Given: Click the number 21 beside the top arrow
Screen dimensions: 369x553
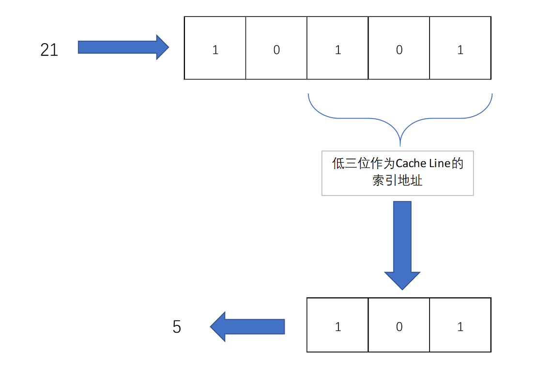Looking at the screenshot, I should pos(49,50).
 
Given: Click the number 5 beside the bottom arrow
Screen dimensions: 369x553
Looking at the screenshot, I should pos(177,327).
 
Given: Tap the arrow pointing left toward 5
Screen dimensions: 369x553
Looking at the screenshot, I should pos(247,326).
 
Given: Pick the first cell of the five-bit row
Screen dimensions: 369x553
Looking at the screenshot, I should pos(215,48).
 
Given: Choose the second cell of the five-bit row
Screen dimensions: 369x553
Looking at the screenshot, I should pos(276,48).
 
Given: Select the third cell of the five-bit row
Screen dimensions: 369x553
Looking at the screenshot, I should pos(338,48).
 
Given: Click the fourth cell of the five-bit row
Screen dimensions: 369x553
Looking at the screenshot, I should pos(399,48).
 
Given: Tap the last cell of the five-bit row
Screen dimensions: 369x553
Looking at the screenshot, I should pos(460,48).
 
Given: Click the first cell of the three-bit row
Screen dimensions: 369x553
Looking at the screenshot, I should pos(338,325).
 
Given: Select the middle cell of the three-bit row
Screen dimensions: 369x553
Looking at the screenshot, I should pos(399,325).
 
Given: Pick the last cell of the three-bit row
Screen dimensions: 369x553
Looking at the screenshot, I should pos(460,325).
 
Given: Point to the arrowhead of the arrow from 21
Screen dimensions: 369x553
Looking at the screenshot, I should pos(161,47).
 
